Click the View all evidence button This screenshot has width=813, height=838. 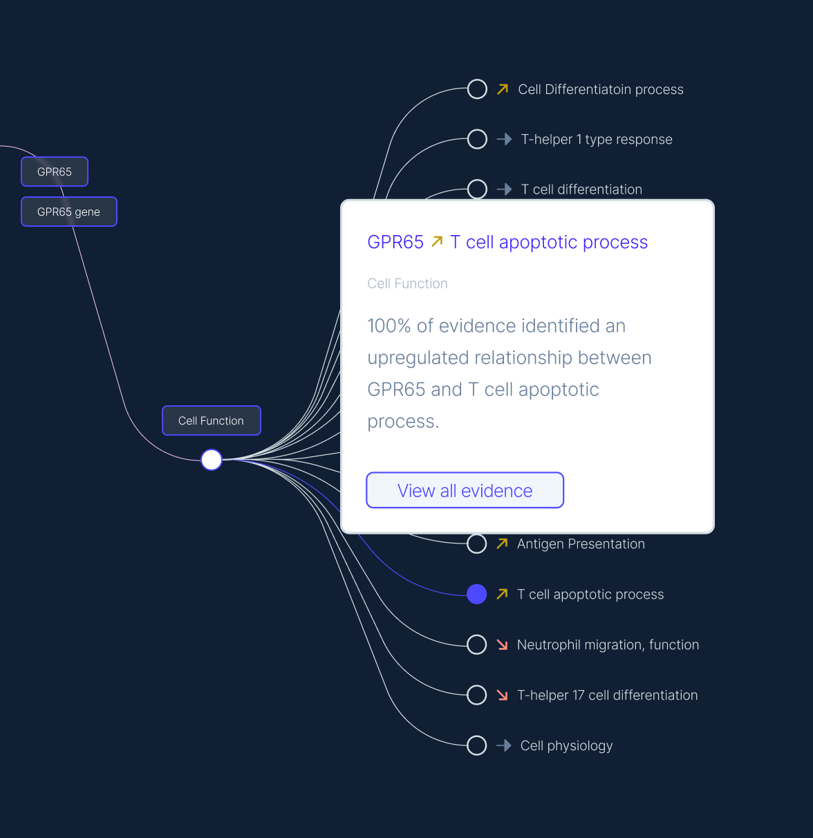click(x=465, y=490)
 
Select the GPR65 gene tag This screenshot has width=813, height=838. click(x=69, y=212)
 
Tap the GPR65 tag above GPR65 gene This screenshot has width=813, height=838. click(x=55, y=171)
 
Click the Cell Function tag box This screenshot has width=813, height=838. click(x=211, y=420)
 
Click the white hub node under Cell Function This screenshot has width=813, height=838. click(x=212, y=459)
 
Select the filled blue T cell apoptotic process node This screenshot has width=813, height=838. click(x=477, y=594)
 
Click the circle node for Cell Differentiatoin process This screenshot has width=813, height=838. click(x=477, y=89)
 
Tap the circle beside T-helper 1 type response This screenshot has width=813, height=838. click(x=477, y=139)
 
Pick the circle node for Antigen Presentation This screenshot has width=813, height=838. click(x=477, y=544)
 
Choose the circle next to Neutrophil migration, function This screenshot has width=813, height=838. click(x=477, y=644)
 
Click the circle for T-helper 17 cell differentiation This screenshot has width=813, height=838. click(x=477, y=695)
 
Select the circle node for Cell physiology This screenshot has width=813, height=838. click(x=477, y=745)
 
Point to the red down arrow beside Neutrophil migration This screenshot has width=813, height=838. click(x=503, y=644)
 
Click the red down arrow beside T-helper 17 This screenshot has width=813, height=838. click(x=503, y=695)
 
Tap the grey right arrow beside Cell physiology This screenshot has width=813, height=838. click(x=504, y=745)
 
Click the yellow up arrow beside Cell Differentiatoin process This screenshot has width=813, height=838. click(x=503, y=89)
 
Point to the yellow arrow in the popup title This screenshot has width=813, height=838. click(x=437, y=241)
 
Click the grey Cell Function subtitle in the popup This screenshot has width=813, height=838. click(x=407, y=283)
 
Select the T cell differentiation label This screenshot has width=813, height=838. click(x=581, y=189)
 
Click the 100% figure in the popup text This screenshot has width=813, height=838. click(x=389, y=326)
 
